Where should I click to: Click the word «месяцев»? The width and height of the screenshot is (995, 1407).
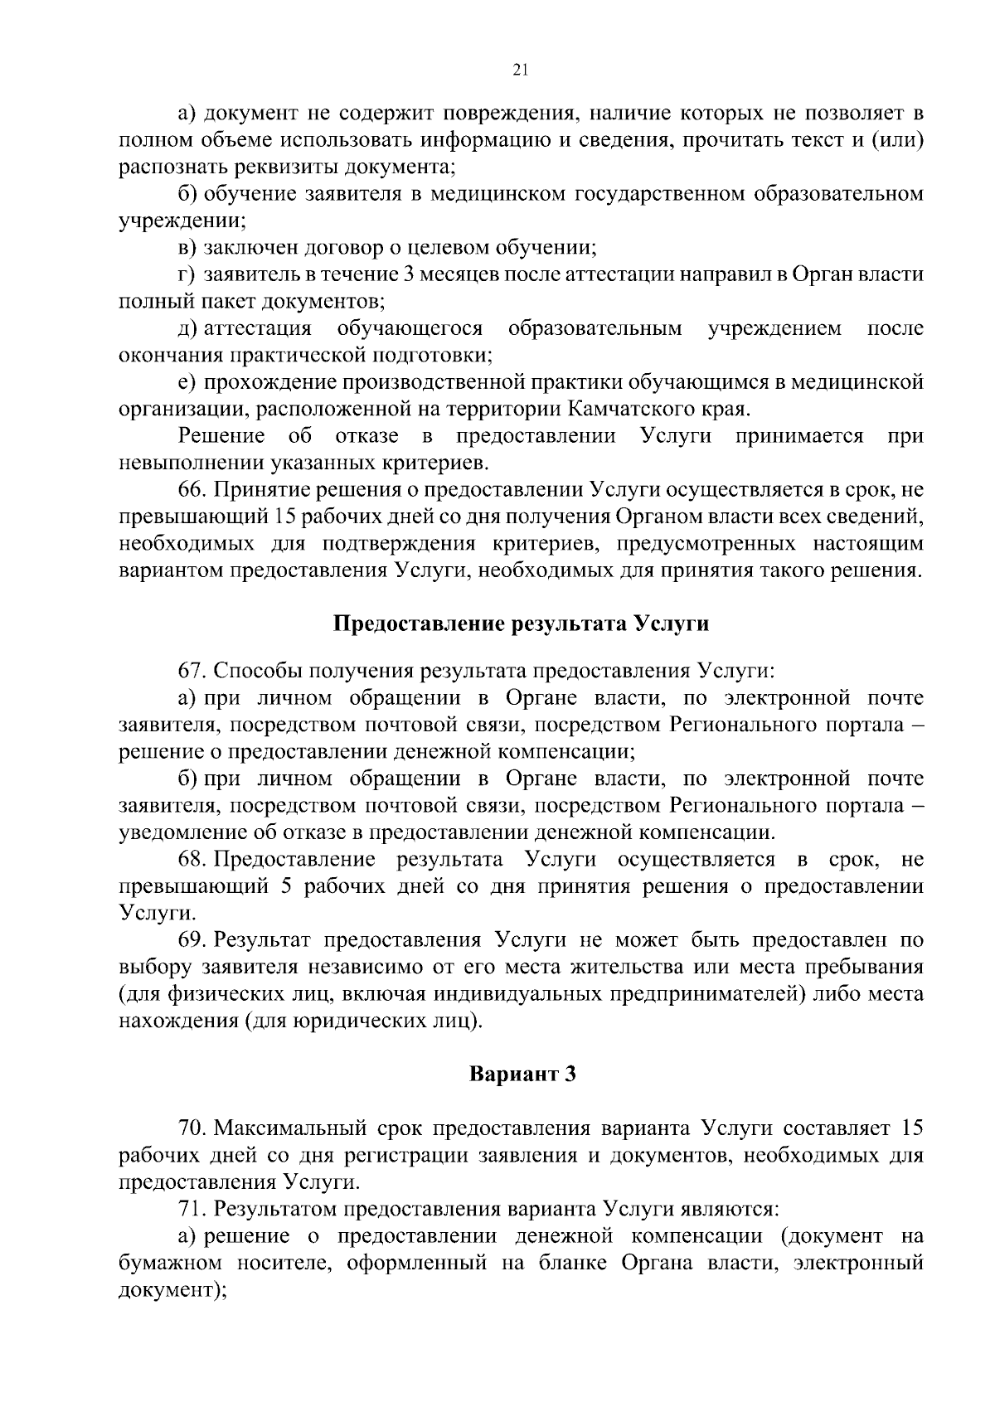coord(429,274)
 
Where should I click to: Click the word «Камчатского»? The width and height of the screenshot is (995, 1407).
coord(636,410)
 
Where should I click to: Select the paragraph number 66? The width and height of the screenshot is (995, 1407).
coord(192,491)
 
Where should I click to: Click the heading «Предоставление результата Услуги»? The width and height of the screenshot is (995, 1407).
coord(521,623)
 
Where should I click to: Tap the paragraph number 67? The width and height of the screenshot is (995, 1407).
coord(192,671)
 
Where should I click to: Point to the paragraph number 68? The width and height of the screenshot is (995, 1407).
coord(192,859)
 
